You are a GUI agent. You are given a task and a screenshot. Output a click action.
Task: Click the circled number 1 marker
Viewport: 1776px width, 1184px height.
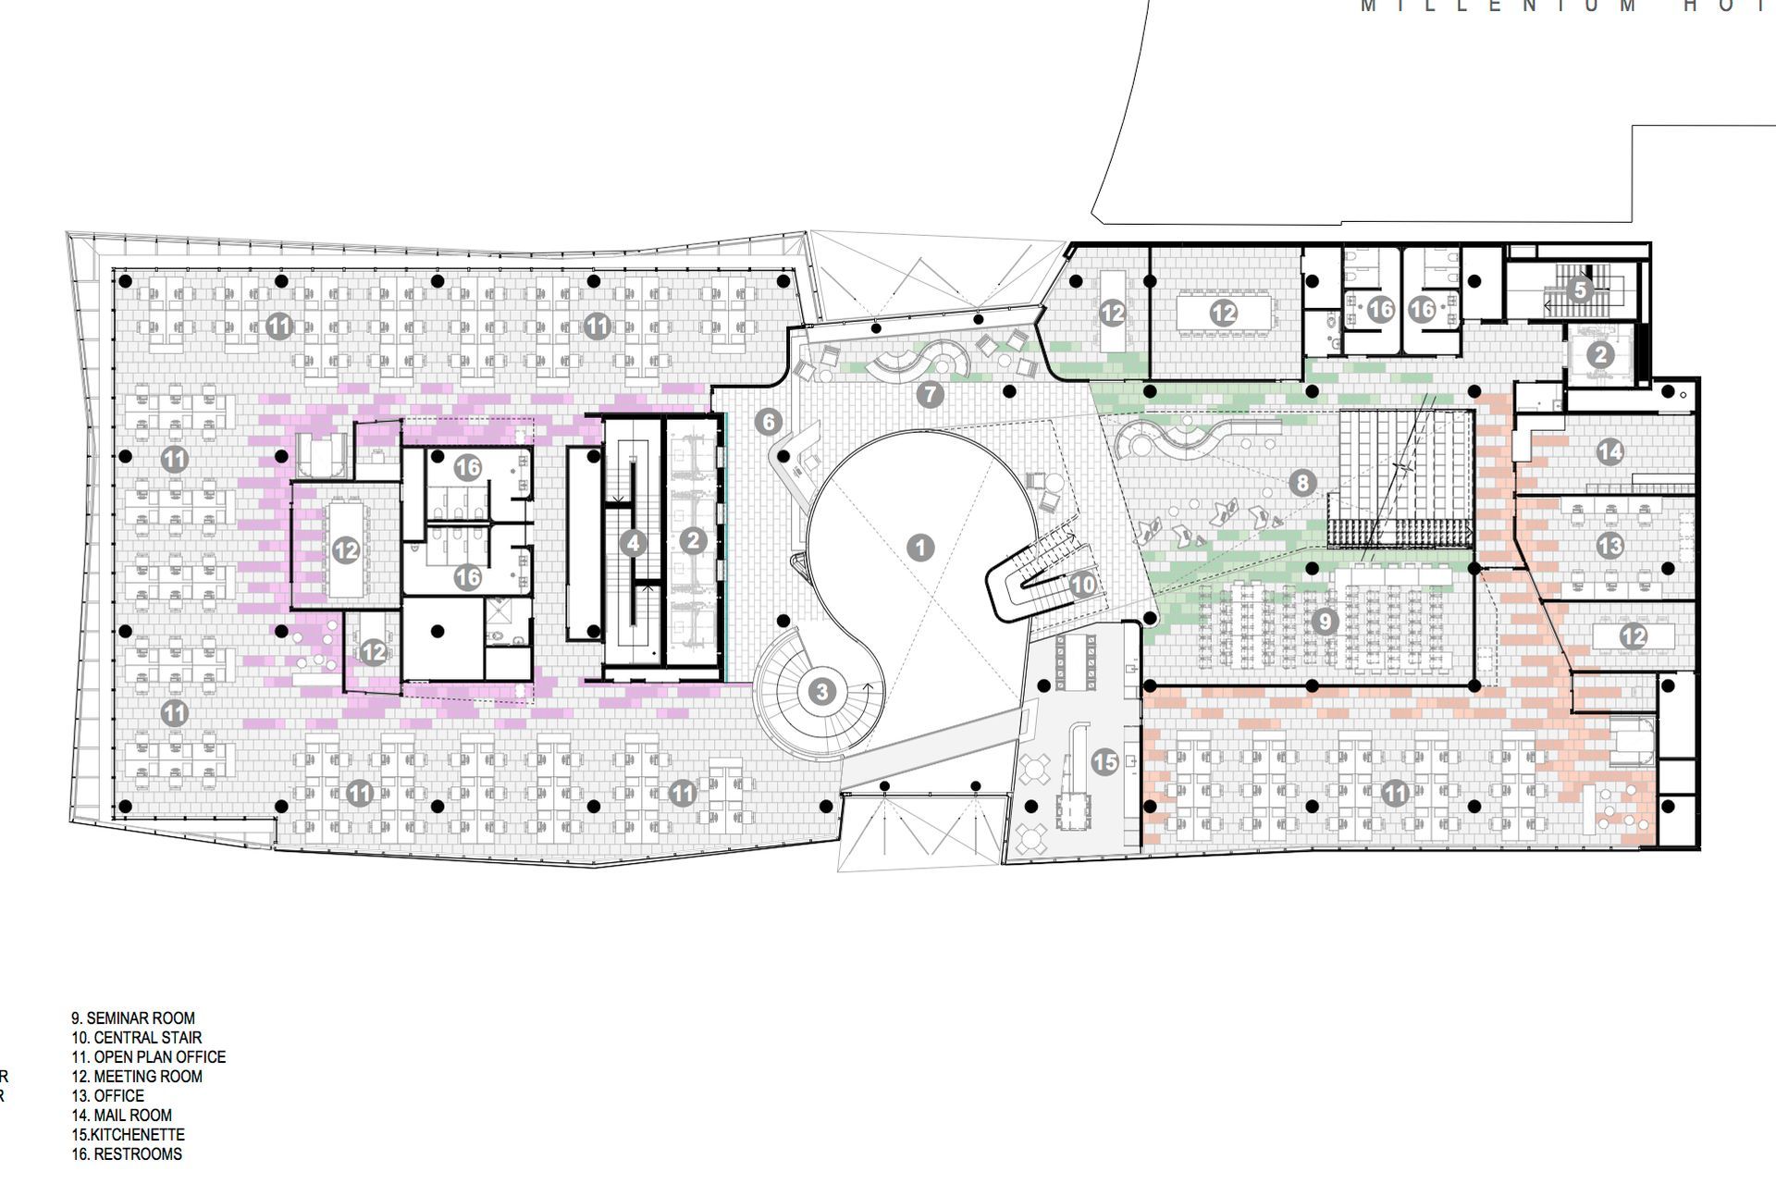[919, 548]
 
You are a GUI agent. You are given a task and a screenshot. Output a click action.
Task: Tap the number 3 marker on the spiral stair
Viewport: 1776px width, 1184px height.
[821, 691]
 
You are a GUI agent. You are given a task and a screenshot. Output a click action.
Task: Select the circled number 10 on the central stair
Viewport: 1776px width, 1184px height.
[1082, 585]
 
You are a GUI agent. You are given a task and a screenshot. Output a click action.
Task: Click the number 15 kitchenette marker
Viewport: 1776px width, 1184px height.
[1105, 762]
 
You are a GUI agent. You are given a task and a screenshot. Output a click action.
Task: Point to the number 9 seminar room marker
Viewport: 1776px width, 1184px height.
[1325, 621]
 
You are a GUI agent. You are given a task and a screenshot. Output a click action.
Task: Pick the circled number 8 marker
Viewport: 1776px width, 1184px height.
[1302, 482]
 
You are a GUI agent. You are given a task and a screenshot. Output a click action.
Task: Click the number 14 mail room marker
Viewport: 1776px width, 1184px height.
[1609, 451]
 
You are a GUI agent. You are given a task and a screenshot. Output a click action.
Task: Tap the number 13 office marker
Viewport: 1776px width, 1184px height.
[1609, 546]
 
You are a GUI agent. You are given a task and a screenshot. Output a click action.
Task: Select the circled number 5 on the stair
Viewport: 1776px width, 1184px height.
[1580, 290]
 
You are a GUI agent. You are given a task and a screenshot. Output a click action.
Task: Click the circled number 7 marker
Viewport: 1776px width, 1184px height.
[930, 395]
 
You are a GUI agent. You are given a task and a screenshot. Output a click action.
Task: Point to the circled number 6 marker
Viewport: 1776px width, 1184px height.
[768, 422]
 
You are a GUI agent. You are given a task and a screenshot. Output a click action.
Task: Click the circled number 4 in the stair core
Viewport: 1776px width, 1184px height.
[633, 543]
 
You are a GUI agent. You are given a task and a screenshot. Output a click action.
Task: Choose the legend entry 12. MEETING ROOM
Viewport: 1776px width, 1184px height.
[137, 1077]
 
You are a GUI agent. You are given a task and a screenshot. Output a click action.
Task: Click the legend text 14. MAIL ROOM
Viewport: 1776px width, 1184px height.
[122, 1116]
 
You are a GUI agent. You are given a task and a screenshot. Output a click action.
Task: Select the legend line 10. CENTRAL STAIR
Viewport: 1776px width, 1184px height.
[137, 1038]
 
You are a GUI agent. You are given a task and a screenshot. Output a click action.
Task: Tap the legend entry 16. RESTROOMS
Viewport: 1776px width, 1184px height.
[127, 1154]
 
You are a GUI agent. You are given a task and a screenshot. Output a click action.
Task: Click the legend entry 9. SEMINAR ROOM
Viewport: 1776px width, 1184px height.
[133, 1018]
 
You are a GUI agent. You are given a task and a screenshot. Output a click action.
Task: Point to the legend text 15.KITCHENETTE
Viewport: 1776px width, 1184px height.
[129, 1135]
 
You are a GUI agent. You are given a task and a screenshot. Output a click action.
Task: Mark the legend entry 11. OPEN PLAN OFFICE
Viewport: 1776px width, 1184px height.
[149, 1057]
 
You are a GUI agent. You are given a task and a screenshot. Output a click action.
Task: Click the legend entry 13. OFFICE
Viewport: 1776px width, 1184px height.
[108, 1096]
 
